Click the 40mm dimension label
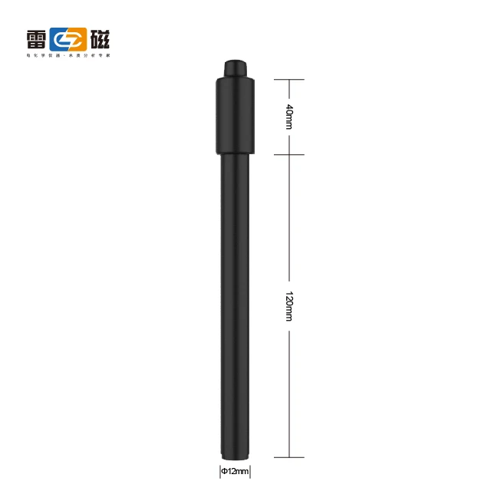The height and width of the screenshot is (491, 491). tap(289, 116)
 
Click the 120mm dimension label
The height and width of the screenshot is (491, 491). tap(289, 306)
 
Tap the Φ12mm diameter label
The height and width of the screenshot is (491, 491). tap(235, 470)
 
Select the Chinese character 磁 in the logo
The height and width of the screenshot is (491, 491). tap(98, 38)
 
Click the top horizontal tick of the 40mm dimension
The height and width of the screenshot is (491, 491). tap(289, 79)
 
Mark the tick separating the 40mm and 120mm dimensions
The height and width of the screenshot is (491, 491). tap(289, 155)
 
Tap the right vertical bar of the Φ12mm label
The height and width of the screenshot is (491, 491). tap(252, 470)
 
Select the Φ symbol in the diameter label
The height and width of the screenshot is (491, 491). tap(224, 470)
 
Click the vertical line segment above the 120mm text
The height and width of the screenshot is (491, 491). tap(289, 222)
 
